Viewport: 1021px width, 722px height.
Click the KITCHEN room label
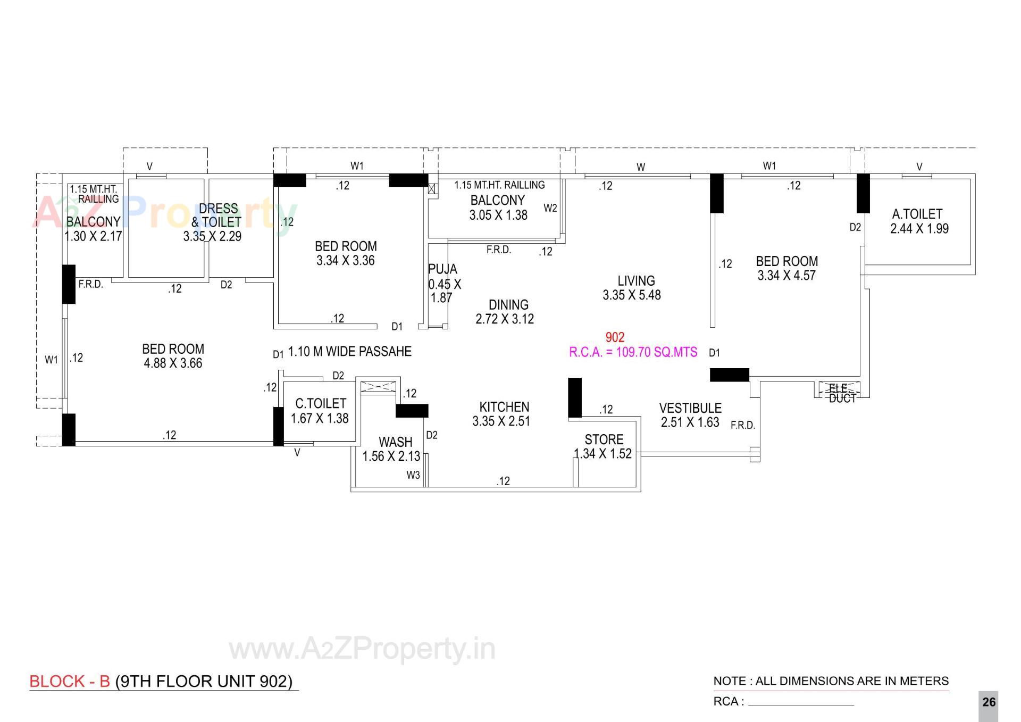point(504,408)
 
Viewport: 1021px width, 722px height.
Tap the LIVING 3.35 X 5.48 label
point(633,288)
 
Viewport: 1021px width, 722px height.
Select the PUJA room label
point(442,269)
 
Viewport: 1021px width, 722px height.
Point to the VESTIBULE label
point(690,409)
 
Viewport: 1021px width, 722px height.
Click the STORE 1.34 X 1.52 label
point(604,446)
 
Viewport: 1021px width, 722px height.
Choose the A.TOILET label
point(917,214)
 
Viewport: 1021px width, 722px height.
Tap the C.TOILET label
point(320,404)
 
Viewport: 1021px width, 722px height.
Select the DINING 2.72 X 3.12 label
point(506,312)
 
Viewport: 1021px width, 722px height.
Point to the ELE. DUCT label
point(842,393)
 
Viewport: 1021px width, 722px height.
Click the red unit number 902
point(615,337)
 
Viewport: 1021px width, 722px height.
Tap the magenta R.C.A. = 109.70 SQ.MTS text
point(633,352)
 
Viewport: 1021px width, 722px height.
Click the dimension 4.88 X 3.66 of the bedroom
point(173,363)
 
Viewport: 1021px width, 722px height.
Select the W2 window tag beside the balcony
point(550,208)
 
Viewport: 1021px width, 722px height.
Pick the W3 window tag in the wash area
point(413,475)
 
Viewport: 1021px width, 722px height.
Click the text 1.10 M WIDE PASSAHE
point(349,352)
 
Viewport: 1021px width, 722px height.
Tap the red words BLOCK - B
point(70,682)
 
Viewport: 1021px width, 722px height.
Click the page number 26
point(989,702)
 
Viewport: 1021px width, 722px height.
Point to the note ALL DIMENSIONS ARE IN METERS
point(831,681)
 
